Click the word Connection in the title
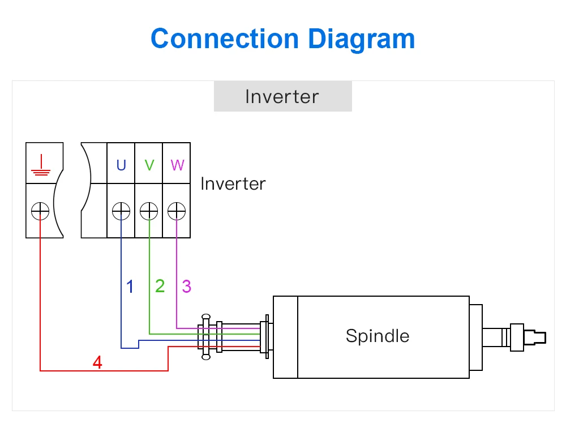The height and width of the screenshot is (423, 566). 224,39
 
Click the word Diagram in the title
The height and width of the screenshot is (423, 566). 361,40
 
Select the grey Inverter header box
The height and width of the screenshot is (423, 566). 282,96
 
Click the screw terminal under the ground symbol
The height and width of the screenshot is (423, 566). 40,211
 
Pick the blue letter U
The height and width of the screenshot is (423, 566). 121,165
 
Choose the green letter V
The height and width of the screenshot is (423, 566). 149,165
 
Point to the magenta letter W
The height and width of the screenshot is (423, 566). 177,165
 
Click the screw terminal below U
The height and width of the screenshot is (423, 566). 121,211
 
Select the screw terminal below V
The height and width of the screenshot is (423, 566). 149,211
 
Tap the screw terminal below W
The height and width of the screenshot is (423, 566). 177,211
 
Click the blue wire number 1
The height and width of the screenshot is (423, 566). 130,287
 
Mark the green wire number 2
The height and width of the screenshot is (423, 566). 160,286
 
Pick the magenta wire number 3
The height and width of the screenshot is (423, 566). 187,287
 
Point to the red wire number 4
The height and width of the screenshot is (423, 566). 97,362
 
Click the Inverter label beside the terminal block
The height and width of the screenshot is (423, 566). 233,183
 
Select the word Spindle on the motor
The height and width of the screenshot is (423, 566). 377,336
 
